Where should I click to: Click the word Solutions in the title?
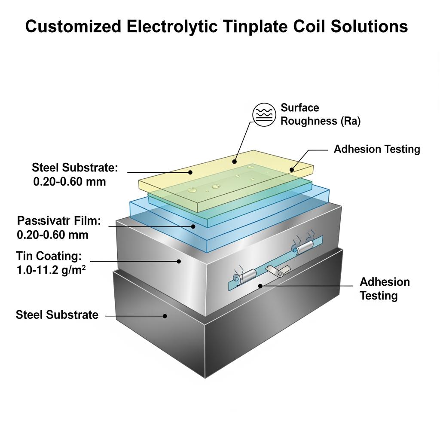click(371, 26)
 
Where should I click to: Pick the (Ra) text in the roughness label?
click(350, 122)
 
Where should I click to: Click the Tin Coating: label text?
click(49, 256)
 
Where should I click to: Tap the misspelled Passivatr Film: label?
click(58, 221)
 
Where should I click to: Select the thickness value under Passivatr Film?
click(52, 235)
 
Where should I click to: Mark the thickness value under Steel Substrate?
click(69, 181)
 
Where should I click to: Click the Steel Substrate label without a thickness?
click(57, 315)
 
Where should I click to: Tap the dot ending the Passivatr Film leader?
click(193, 226)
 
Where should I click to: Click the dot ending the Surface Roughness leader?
click(234, 162)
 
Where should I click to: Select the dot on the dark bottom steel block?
click(165, 316)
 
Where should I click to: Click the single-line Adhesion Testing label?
click(376, 150)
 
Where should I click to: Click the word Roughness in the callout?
click(309, 122)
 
